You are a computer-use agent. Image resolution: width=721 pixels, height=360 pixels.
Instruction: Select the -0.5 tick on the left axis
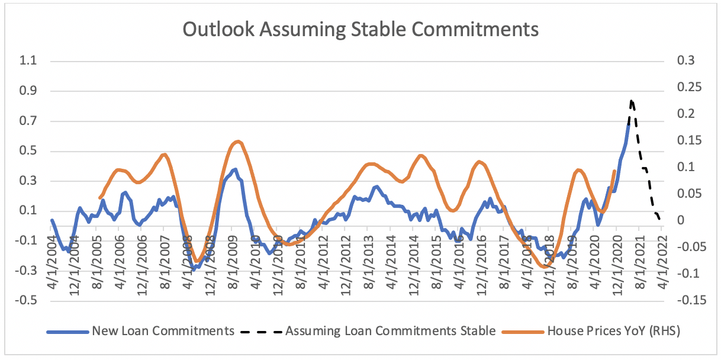point(27,300)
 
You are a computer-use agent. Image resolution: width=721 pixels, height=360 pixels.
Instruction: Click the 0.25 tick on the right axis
point(681,88)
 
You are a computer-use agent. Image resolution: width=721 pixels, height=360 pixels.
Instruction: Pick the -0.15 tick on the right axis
point(680,300)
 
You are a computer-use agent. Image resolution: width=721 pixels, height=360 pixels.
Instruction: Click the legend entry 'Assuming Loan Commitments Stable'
point(390,331)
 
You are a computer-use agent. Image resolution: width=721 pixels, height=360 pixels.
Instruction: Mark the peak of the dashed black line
point(632,101)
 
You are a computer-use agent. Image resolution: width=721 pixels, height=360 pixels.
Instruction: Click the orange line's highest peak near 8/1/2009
point(238,141)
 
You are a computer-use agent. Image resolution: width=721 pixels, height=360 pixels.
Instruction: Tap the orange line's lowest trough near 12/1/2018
point(544,267)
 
